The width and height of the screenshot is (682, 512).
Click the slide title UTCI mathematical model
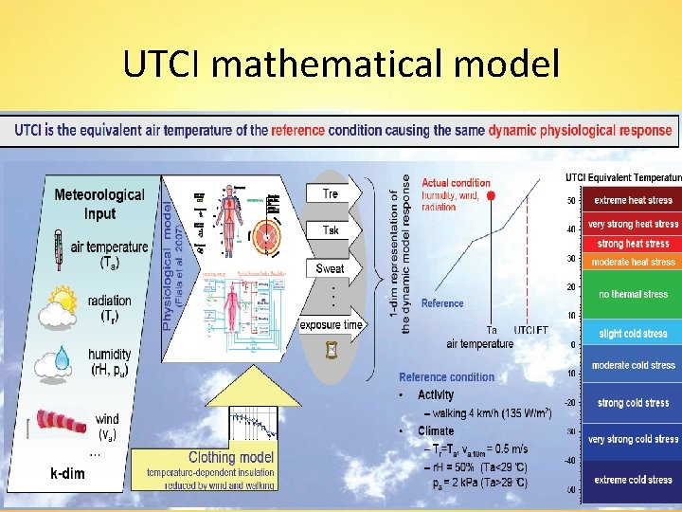(341, 64)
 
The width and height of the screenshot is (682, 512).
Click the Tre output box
(331, 193)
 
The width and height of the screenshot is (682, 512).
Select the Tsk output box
(331, 230)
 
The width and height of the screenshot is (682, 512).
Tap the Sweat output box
(331, 268)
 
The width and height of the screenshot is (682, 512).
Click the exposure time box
(331, 325)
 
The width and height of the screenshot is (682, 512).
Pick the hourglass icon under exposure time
(331, 351)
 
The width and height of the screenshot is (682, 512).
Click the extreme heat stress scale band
(633, 201)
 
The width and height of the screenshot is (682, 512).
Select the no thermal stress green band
(633, 294)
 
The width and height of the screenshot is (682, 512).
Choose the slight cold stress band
(633, 333)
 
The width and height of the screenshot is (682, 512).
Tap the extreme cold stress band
(633, 480)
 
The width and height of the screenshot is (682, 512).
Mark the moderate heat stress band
(633, 262)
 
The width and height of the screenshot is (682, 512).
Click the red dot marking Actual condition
(491, 196)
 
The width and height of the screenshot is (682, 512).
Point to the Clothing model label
(231, 457)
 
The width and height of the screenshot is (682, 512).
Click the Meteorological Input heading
(99, 204)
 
